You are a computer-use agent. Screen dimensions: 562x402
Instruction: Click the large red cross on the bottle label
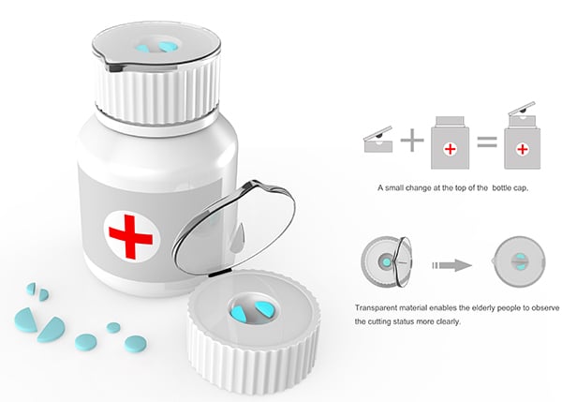click(x=130, y=237)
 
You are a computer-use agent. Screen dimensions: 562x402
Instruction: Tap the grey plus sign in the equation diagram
click(x=412, y=140)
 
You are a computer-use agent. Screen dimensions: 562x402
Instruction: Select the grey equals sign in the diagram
click(x=487, y=142)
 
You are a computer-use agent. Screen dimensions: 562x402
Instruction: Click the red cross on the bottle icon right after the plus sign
click(x=451, y=149)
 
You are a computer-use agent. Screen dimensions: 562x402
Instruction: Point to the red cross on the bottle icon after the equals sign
click(x=523, y=149)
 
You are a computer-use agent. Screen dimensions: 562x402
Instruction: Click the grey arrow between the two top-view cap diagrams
click(x=452, y=265)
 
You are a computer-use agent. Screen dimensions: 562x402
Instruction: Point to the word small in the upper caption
click(x=394, y=187)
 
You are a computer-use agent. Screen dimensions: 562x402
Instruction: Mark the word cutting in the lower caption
click(x=379, y=321)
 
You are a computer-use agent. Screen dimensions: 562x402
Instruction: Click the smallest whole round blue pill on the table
click(x=113, y=327)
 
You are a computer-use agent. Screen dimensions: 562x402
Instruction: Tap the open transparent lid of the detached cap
click(x=233, y=228)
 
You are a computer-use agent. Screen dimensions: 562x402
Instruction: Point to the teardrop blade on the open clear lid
click(x=236, y=238)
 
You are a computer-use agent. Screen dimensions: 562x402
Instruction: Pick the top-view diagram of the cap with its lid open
click(x=386, y=262)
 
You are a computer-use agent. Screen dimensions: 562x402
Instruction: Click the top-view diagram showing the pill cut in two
click(x=519, y=261)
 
